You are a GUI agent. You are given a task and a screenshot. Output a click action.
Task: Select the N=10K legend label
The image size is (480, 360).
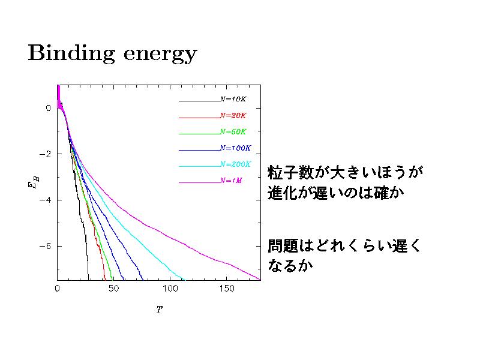pyautogui.click(x=233, y=99)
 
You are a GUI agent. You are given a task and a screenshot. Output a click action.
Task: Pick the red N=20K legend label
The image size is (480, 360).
pyautogui.click(x=233, y=115)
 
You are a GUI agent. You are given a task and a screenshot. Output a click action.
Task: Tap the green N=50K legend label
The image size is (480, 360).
pyautogui.click(x=233, y=131)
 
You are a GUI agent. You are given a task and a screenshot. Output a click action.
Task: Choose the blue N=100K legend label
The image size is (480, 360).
pyautogui.click(x=235, y=148)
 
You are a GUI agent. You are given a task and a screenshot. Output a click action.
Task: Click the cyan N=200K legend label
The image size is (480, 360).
pyautogui.click(x=235, y=164)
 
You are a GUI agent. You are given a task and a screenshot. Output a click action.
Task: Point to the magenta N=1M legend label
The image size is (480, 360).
pyautogui.click(x=231, y=180)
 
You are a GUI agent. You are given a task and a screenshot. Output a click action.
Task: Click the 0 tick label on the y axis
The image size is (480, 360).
pyautogui.click(x=49, y=109)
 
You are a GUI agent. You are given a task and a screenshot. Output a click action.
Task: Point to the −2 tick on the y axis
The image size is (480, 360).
pyautogui.click(x=44, y=154)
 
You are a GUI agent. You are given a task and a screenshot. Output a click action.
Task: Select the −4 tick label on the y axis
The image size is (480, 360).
pyautogui.click(x=44, y=200)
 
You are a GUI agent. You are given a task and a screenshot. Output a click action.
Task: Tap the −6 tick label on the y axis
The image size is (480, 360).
pyautogui.click(x=44, y=247)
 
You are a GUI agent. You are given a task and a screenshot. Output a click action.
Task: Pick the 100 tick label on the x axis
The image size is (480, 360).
pyautogui.click(x=170, y=289)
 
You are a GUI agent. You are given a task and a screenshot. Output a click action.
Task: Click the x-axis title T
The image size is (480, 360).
pyautogui.click(x=159, y=311)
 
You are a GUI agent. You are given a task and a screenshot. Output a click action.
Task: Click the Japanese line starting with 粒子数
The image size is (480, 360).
pyautogui.click(x=342, y=173)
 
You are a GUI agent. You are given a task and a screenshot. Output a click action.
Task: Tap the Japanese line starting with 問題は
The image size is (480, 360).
pyautogui.click(x=344, y=246)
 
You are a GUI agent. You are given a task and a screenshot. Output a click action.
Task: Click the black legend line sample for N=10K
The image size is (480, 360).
pyautogui.click(x=199, y=100)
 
